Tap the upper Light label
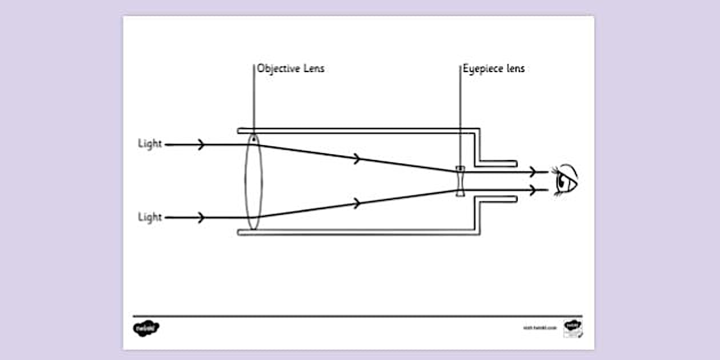(150, 144)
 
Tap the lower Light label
(150, 217)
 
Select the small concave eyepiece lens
(460, 181)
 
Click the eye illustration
(565, 180)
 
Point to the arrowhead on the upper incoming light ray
(201, 145)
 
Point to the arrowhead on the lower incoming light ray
(201, 218)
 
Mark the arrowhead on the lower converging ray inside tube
(358, 203)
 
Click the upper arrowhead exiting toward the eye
(533, 171)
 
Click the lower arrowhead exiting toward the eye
(533, 190)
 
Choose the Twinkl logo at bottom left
(146, 329)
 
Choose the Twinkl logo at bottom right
(573, 327)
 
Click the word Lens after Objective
(313, 69)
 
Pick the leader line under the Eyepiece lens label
(460, 114)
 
